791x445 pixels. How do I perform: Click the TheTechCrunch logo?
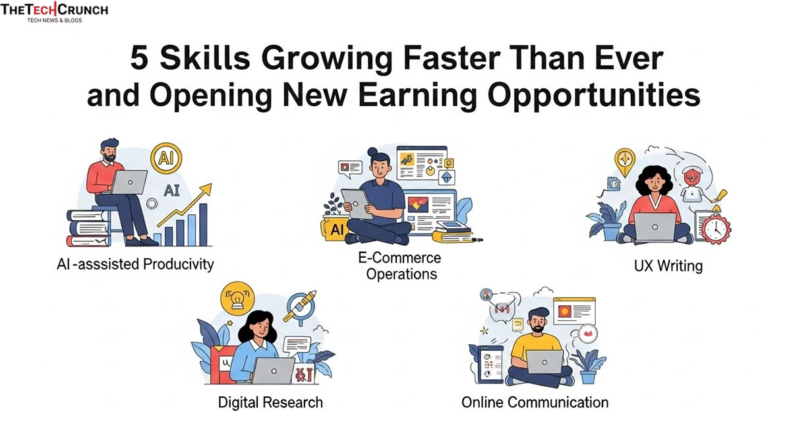(x=54, y=11)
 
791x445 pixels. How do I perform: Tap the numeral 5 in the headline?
(x=139, y=59)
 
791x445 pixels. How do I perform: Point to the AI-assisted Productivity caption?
(x=135, y=264)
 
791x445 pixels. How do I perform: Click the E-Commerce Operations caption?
(x=401, y=265)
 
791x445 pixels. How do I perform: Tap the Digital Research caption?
(x=270, y=401)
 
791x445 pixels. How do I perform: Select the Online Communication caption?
(x=535, y=401)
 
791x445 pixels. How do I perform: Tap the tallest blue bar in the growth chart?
(x=203, y=222)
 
